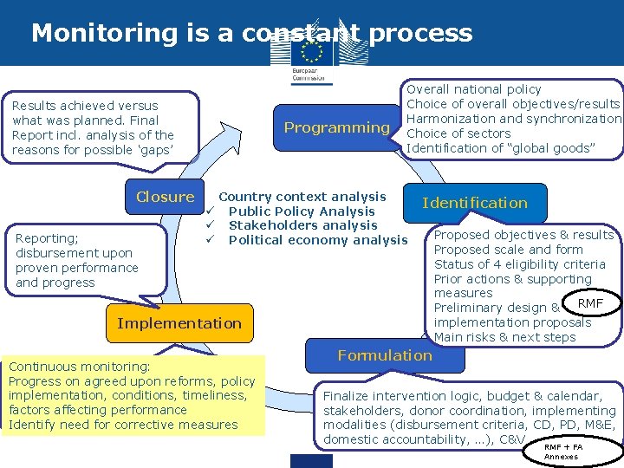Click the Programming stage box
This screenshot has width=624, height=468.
click(x=336, y=128)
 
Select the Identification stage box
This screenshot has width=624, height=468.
click(x=474, y=204)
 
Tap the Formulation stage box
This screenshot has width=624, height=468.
click(x=385, y=355)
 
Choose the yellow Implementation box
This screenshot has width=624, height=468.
click(x=179, y=323)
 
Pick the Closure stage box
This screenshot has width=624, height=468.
click(x=165, y=197)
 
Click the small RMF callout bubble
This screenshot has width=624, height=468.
click(x=590, y=303)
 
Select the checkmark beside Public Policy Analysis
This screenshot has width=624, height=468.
click(x=210, y=211)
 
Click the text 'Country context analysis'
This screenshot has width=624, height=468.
click(x=302, y=197)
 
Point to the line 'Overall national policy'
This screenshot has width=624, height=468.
click(x=473, y=89)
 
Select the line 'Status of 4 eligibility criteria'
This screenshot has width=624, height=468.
click(x=519, y=264)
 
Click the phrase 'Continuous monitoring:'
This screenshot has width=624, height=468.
click(x=79, y=367)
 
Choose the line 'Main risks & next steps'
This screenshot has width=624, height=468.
click(x=504, y=337)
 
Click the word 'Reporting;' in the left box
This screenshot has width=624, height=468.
click(x=47, y=238)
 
